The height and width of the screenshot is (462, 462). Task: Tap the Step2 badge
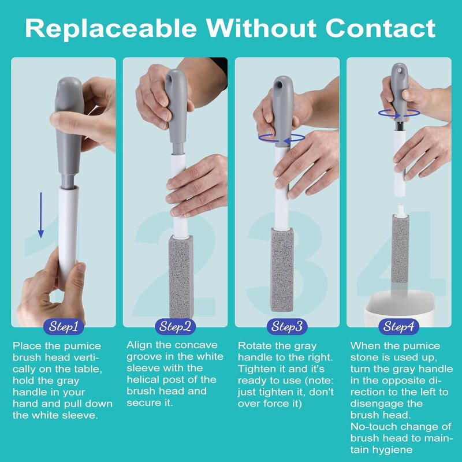175,327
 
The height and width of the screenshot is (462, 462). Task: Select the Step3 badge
287,327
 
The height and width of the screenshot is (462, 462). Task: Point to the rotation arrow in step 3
282,138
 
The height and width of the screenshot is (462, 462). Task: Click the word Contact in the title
381,27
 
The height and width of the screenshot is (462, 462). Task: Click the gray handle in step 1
69,133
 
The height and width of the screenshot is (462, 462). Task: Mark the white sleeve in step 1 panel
68,231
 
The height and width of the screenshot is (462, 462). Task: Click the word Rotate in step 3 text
254,346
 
